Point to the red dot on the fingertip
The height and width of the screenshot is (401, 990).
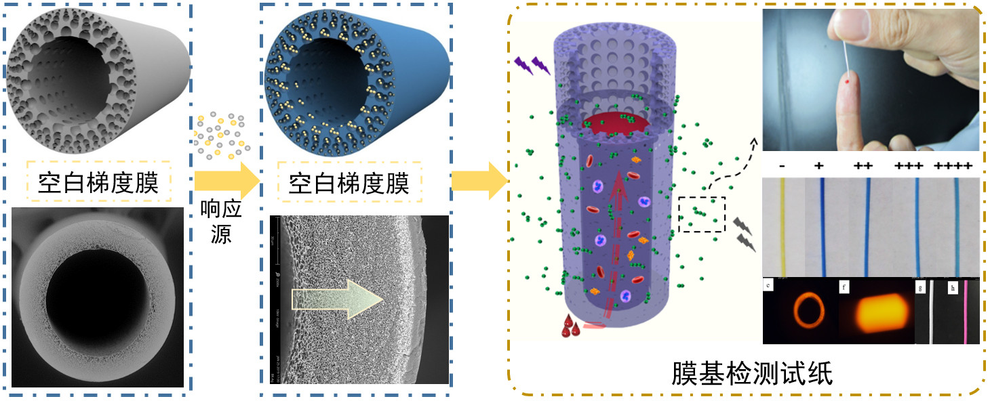click(x=848, y=81)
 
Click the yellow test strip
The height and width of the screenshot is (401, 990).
click(x=785, y=227)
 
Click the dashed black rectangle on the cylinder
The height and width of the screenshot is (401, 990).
click(x=702, y=214)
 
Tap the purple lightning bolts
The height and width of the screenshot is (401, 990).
click(x=532, y=65)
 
